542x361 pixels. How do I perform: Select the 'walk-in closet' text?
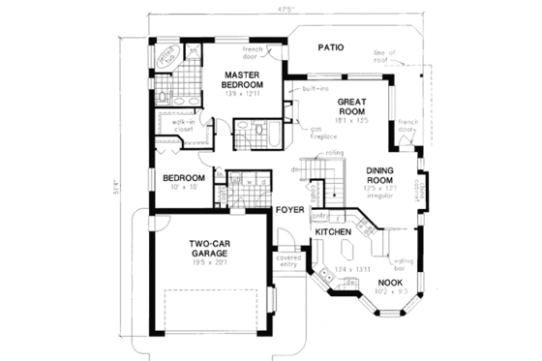(x=187, y=126)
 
